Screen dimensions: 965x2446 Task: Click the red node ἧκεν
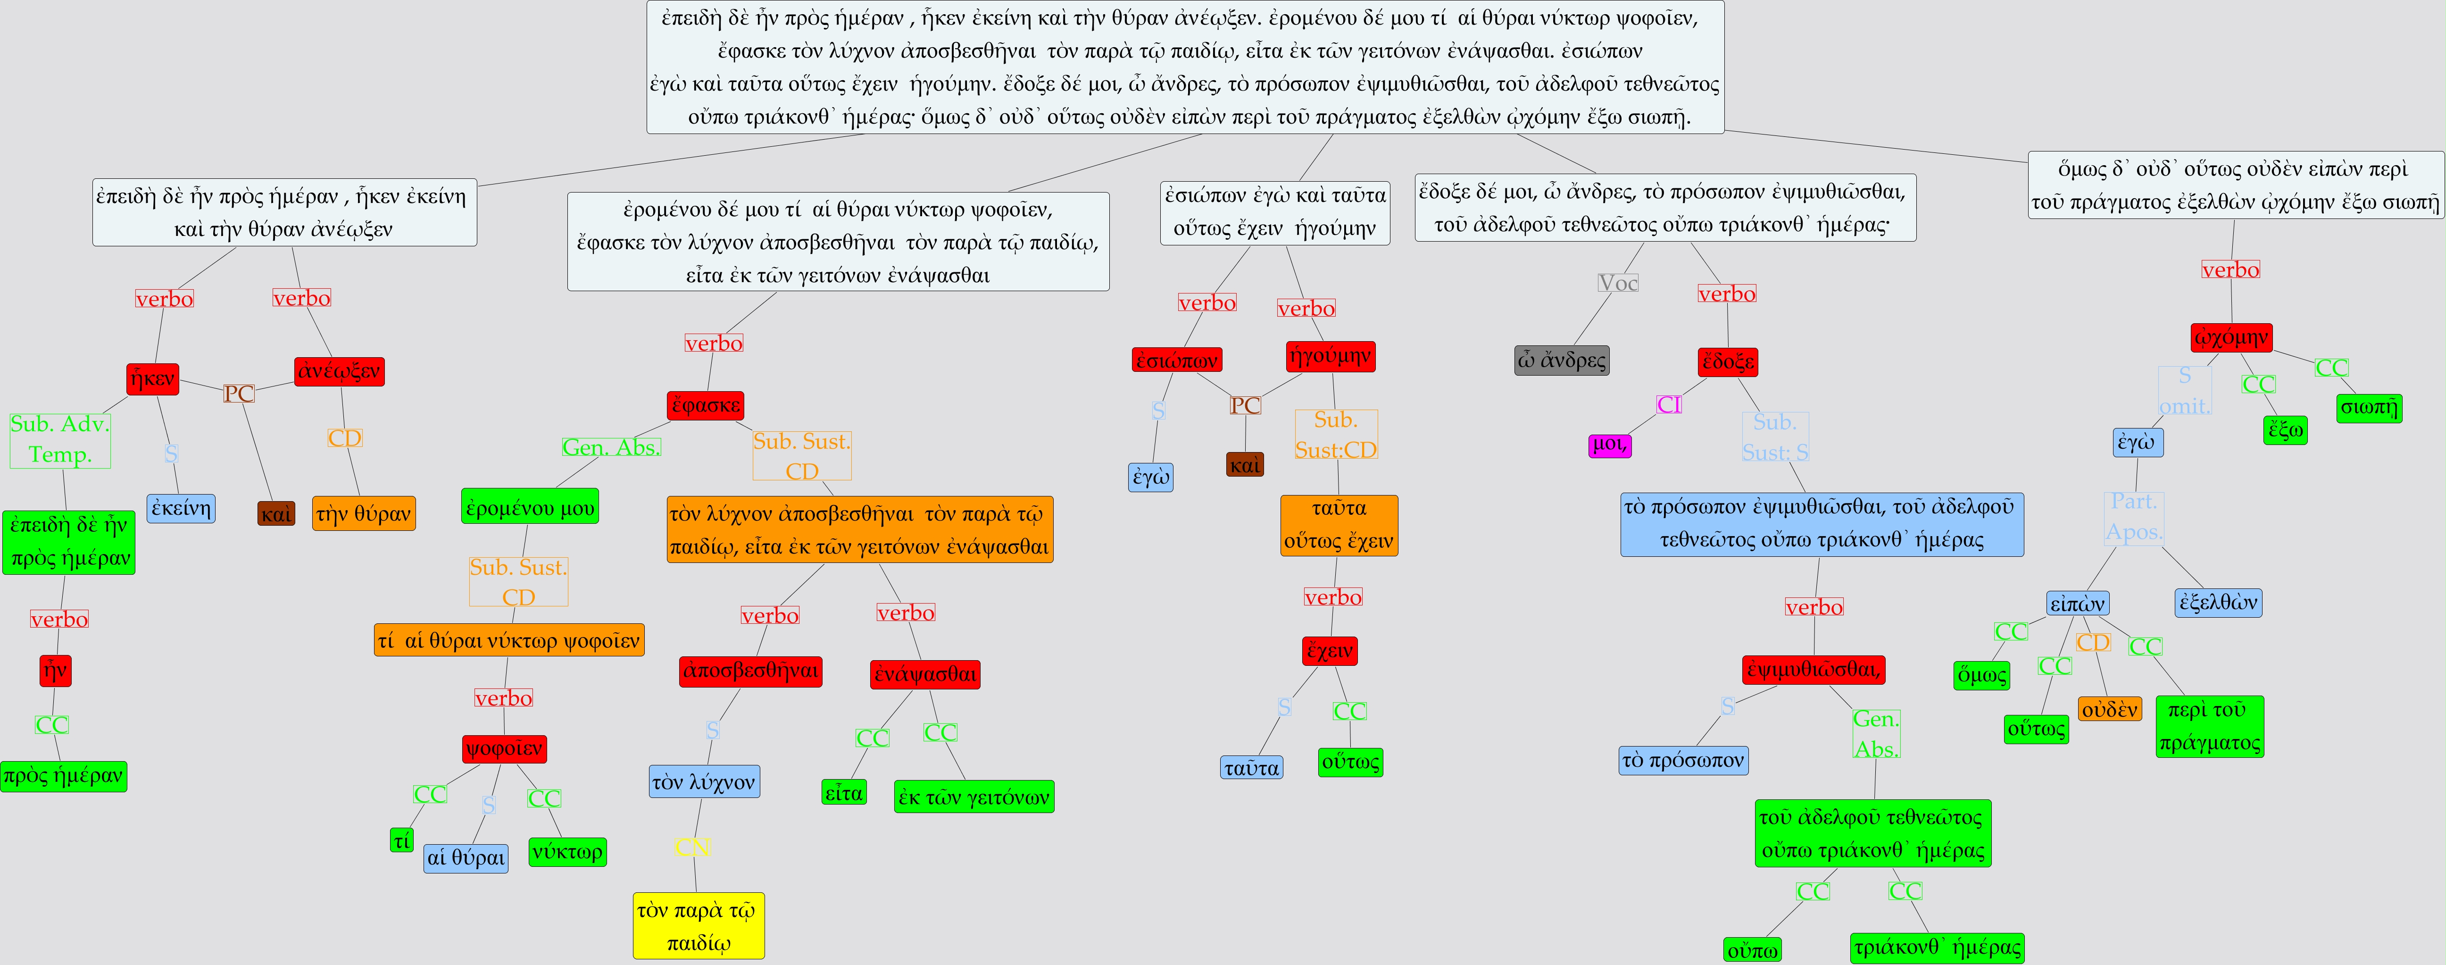(153, 379)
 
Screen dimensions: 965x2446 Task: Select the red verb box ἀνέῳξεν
(339, 371)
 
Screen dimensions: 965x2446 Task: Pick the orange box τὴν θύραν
(364, 514)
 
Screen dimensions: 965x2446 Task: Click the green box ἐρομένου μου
(530, 507)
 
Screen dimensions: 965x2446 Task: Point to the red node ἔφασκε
(706, 405)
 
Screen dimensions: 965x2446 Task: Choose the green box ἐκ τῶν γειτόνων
(974, 797)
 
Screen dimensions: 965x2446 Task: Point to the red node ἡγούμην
(1330, 356)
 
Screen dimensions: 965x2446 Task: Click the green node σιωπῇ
(2369, 407)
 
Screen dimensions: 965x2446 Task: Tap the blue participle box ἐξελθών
(2218, 602)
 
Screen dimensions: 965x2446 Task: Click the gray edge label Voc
(1618, 283)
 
